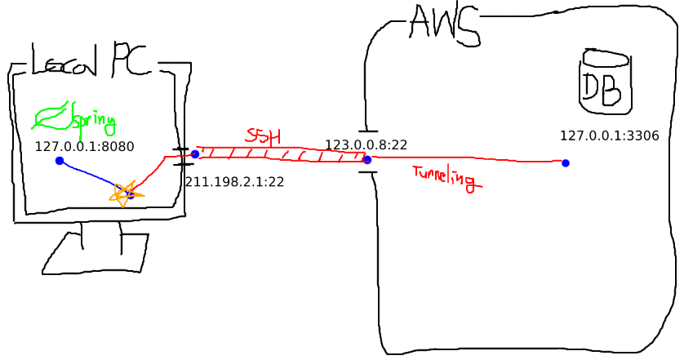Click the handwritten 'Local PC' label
(x=90, y=60)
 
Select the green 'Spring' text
(x=94, y=122)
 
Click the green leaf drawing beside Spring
(x=50, y=118)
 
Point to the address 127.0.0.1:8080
(x=84, y=147)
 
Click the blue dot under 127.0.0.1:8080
(x=60, y=161)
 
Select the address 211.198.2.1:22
(x=234, y=182)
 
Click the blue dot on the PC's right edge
(x=195, y=153)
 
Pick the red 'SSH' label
(x=263, y=136)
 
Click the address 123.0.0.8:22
(x=366, y=145)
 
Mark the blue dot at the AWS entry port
(x=367, y=160)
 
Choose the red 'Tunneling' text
(x=444, y=177)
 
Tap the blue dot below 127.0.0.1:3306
(x=565, y=163)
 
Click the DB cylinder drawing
(x=605, y=82)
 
